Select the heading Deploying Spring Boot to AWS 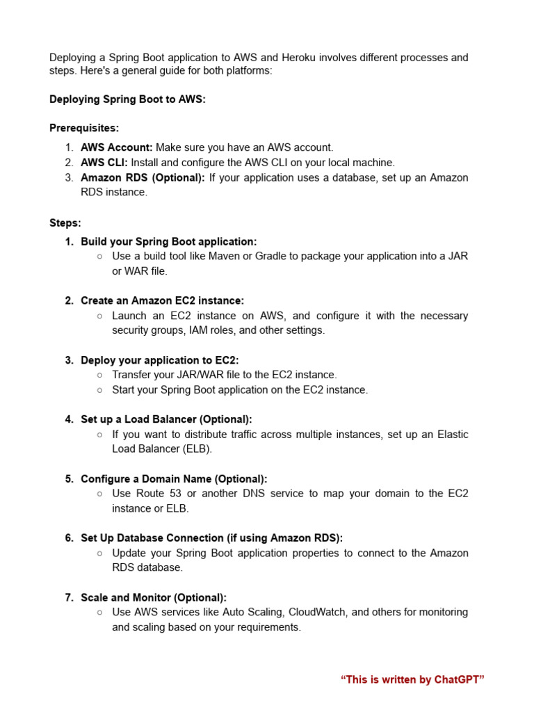coord(127,99)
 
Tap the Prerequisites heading coord(84,128)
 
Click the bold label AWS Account coord(116,147)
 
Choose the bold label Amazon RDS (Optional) coord(143,177)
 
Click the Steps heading coord(65,223)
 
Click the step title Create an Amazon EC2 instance coord(162,300)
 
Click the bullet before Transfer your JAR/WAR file coord(100,375)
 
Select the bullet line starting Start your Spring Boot coord(240,389)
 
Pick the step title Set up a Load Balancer coord(166,419)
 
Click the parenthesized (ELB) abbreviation coord(198,449)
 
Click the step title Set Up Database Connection coord(211,538)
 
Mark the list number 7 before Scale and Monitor coord(69,597)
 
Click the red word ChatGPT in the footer coord(457,679)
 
